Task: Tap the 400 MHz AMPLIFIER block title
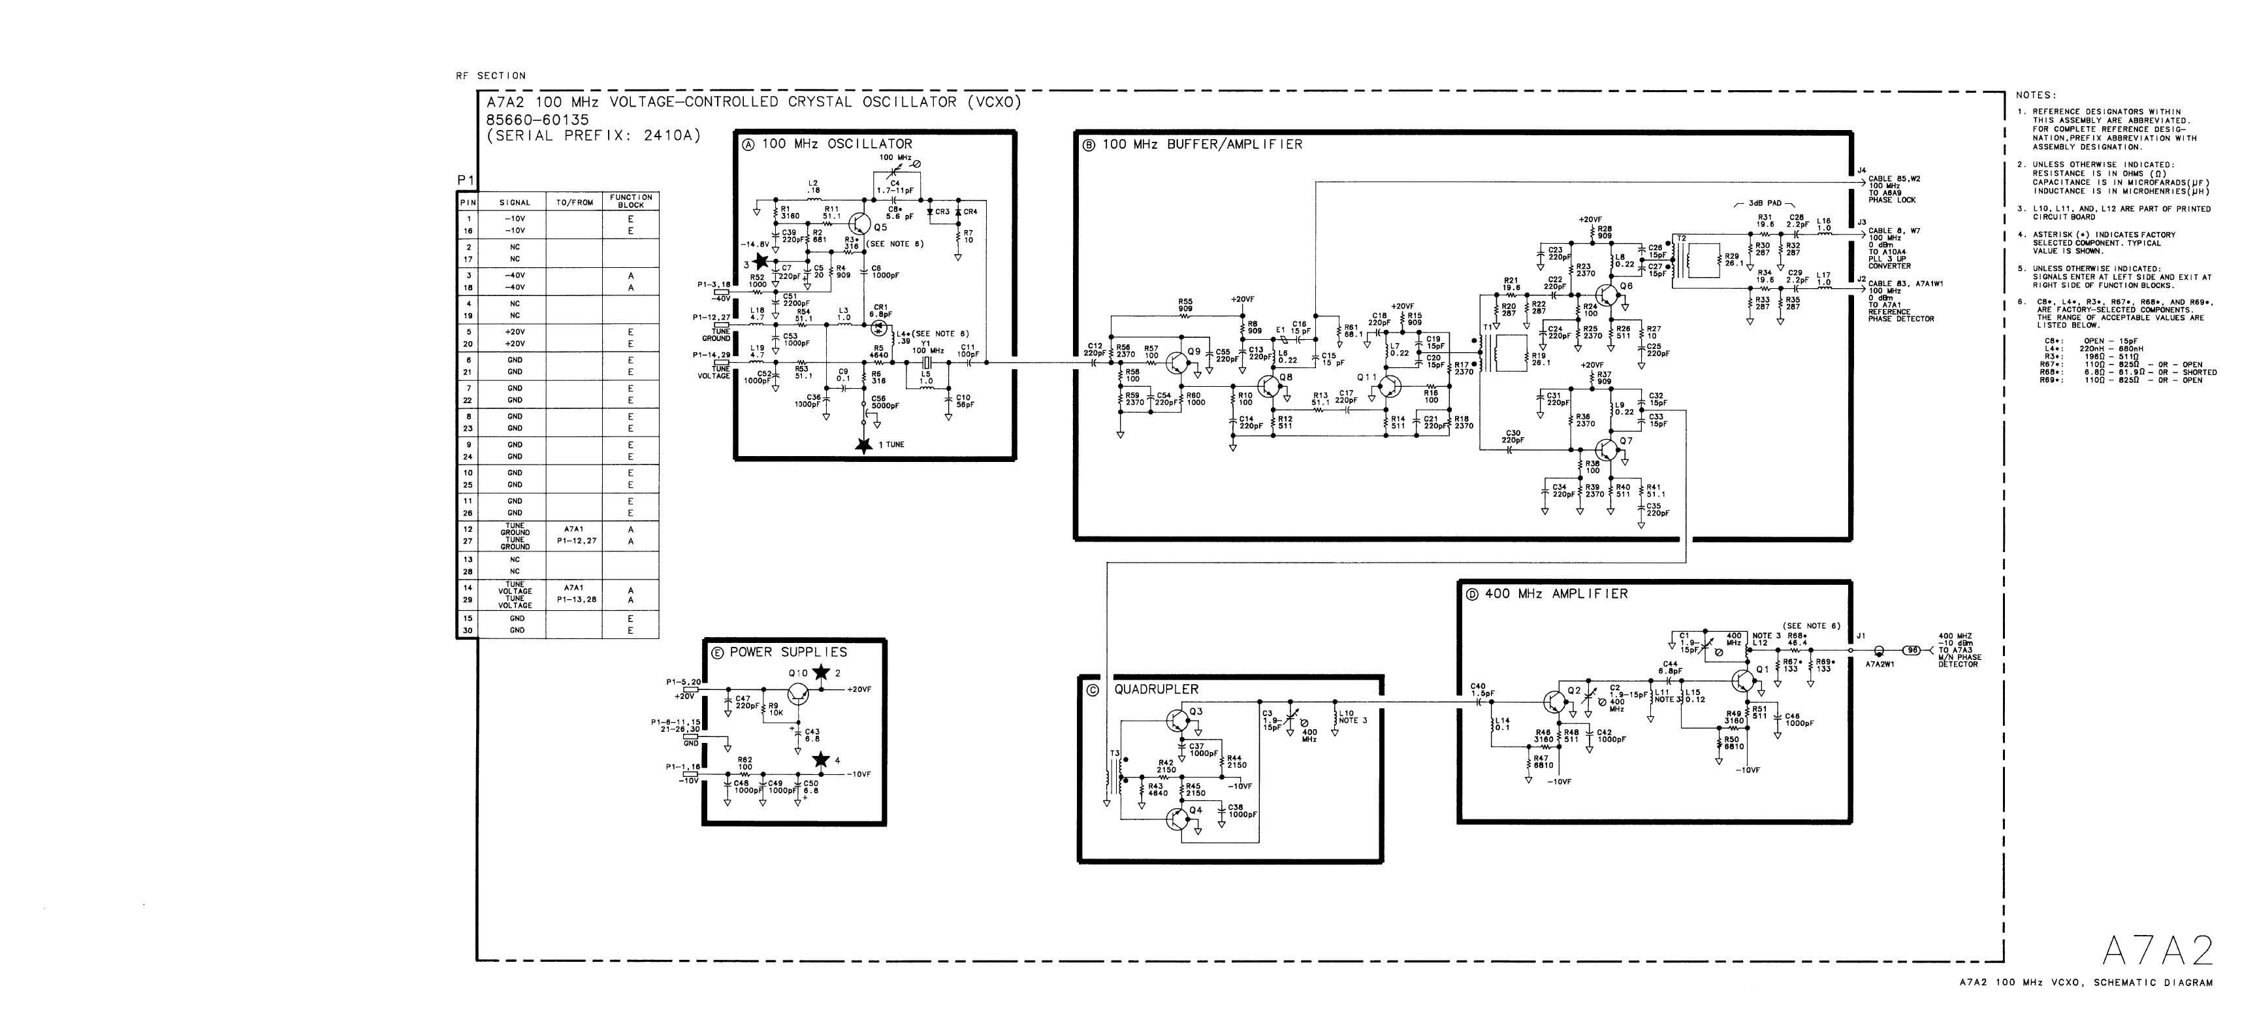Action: point(1555,594)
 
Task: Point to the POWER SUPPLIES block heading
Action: point(788,652)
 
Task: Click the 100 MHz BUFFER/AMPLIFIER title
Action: point(1201,144)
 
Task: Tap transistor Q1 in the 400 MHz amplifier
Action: point(1744,678)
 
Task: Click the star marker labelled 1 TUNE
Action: point(865,445)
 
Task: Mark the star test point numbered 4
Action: point(821,759)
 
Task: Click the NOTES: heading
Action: point(2036,95)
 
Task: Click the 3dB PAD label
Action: point(1765,203)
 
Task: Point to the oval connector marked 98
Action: point(1913,650)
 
